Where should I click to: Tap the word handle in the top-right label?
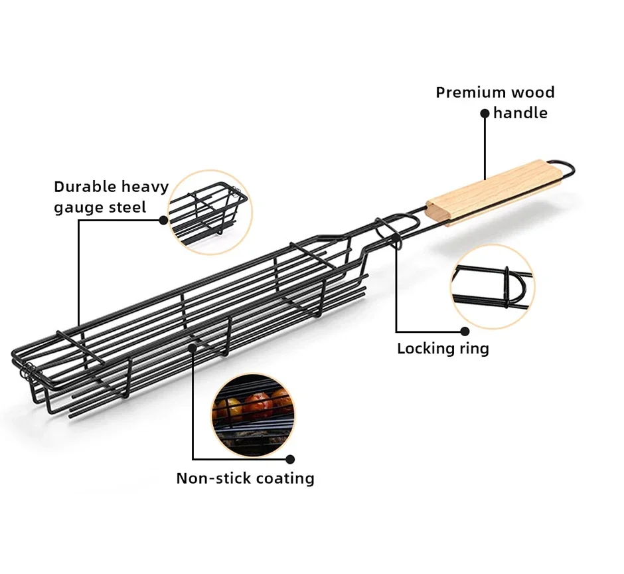[x=520, y=113]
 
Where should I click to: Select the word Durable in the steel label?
[x=84, y=187]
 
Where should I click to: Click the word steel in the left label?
[x=128, y=207]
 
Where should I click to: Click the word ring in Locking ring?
[x=475, y=349]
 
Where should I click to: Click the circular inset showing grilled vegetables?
[x=253, y=416]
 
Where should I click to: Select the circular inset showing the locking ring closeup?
[x=493, y=287]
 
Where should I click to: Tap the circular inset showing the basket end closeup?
[x=210, y=213]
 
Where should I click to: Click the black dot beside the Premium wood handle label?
[x=485, y=114]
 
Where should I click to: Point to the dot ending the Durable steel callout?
[x=163, y=221]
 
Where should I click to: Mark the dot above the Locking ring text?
[x=465, y=332]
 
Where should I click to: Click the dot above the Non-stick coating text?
[x=291, y=460]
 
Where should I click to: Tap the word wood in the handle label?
[x=533, y=92]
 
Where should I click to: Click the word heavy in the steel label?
[x=145, y=187]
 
